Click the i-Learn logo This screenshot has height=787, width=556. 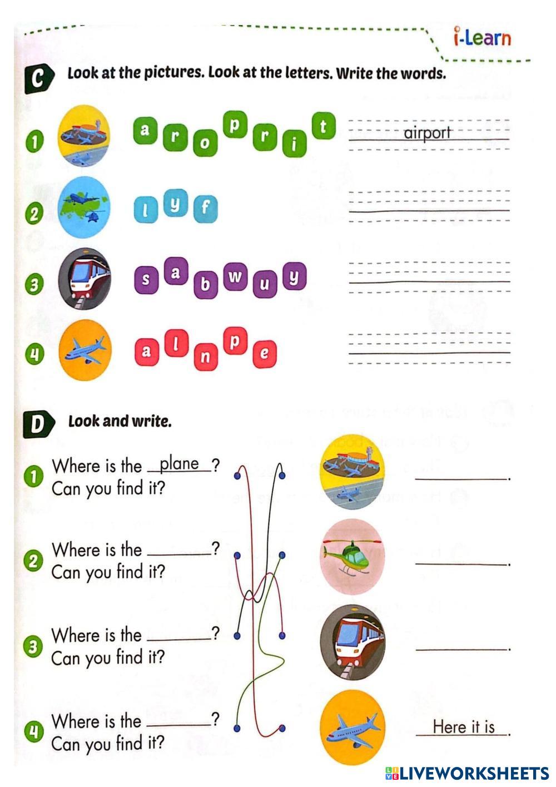481,37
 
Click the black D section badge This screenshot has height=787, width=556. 38,424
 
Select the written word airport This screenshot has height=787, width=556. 427,133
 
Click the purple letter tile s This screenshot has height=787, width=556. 146,280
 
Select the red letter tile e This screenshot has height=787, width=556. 265,353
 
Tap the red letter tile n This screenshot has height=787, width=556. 205,357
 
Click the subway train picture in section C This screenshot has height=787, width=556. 85,279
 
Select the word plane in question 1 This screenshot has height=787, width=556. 179,464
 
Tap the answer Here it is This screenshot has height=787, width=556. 463,727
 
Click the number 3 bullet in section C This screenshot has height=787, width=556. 34,285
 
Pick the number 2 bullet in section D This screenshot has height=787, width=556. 34,561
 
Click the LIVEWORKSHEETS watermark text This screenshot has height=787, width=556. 473,773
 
